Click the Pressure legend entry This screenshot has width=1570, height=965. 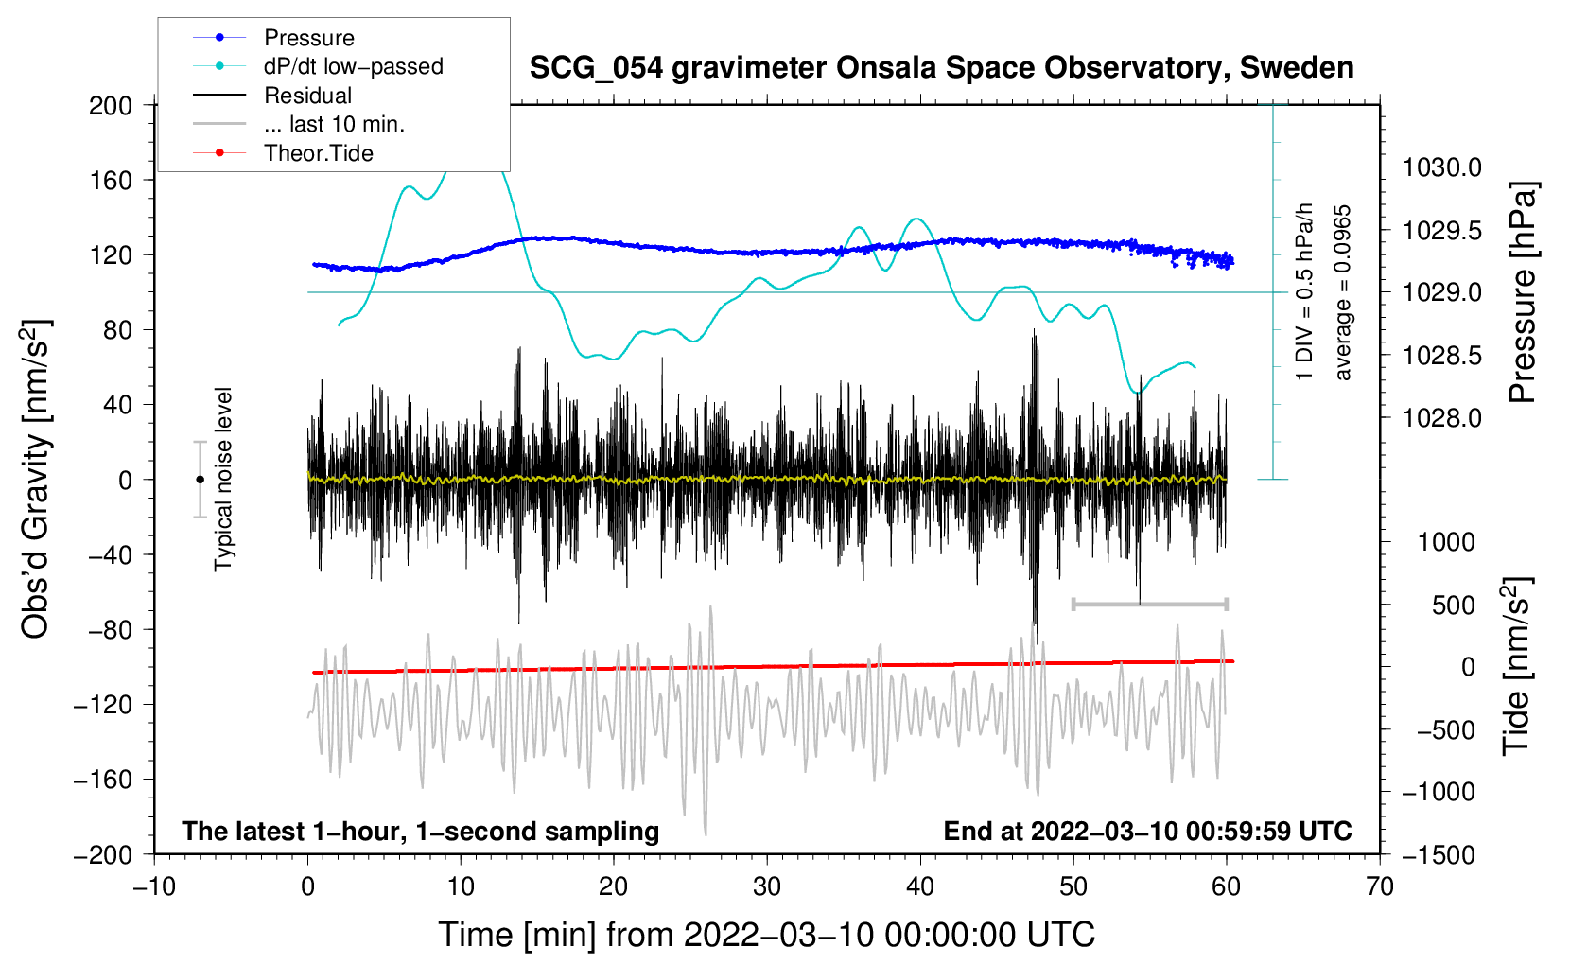pyautogui.click(x=273, y=37)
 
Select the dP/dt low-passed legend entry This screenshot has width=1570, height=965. pyautogui.click(x=318, y=66)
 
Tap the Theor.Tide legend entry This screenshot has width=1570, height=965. pyautogui.click(x=283, y=153)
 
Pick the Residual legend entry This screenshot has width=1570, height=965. pyautogui.click(x=272, y=95)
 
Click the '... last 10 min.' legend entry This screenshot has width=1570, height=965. pyautogui.click(x=299, y=124)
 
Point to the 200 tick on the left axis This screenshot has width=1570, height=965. pyautogui.click(x=110, y=105)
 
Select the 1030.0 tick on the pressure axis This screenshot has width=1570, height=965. pyautogui.click(x=1442, y=167)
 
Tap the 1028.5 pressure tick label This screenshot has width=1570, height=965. pyautogui.click(x=1442, y=356)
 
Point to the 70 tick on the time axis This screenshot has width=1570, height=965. pyautogui.click(x=1379, y=886)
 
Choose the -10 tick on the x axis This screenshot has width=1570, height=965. pyautogui.click(x=154, y=886)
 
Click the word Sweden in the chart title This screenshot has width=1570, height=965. pyautogui.click(x=1297, y=67)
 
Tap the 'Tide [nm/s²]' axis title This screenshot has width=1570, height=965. pyautogui.click(x=1517, y=666)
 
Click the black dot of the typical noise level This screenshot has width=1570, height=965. pyautogui.click(x=200, y=480)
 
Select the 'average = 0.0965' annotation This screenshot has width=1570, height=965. pyautogui.click(x=1342, y=293)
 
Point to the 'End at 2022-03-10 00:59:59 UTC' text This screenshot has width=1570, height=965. pyautogui.click(x=1147, y=831)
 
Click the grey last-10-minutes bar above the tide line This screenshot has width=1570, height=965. pyautogui.click(x=1149, y=604)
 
